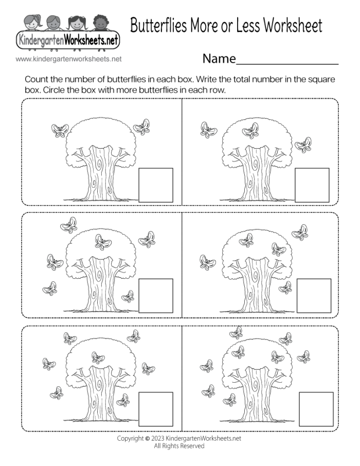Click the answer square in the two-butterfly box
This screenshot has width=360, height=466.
[156, 185]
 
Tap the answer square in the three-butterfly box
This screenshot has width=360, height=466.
[312, 185]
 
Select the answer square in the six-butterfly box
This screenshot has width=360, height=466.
[156, 296]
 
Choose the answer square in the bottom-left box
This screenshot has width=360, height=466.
[156, 409]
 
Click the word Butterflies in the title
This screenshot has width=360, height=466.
[165, 26]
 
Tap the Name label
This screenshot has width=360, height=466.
[219, 59]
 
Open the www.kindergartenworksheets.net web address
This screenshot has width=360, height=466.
[68, 59]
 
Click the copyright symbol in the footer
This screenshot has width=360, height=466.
[148, 439]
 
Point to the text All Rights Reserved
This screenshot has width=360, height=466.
[179, 446]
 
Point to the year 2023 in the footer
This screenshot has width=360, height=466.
[158, 439]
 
